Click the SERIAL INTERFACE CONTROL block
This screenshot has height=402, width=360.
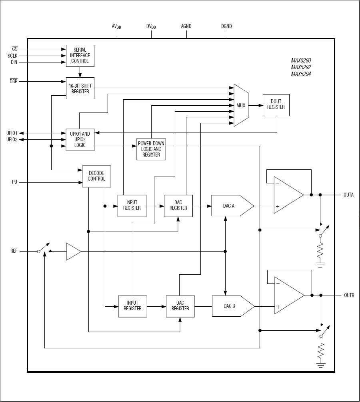click(x=80, y=56)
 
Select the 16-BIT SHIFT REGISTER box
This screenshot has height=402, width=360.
click(x=80, y=88)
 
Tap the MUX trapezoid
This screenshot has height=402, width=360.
click(x=241, y=105)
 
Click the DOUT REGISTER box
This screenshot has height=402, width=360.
click(x=276, y=105)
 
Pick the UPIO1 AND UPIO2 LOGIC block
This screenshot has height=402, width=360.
click(x=80, y=139)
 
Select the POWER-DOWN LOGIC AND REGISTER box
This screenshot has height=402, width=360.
click(x=151, y=149)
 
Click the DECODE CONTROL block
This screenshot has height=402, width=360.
click(x=96, y=176)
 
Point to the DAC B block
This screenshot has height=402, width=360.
click(x=232, y=306)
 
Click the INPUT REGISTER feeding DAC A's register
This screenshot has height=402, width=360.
click(x=132, y=206)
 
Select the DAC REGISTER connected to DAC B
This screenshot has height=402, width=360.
click(x=180, y=306)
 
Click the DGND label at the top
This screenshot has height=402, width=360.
click(x=226, y=26)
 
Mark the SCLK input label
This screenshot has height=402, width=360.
click(x=12, y=56)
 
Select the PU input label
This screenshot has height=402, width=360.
click(x=15, y=182)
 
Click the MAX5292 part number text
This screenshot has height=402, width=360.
click(x=301, y=67)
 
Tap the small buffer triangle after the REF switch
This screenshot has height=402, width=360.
click(x=73, y=251)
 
